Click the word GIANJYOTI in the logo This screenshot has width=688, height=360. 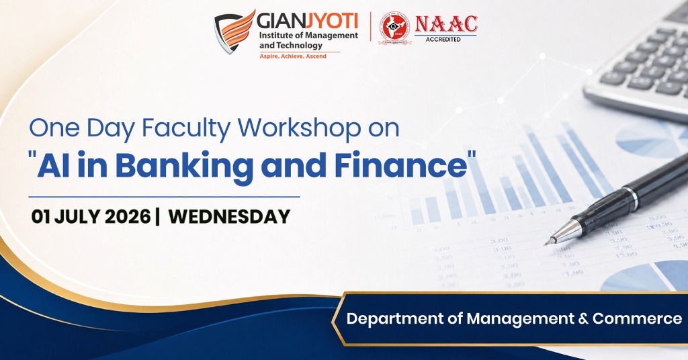click(307, 21)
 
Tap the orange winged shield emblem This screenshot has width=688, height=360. click(234, 32)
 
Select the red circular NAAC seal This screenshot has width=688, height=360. click(394, 28)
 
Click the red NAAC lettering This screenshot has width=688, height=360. click(446, 24)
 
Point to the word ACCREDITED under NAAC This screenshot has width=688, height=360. click(443, 40)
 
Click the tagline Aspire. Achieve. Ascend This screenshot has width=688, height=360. click(293, 56)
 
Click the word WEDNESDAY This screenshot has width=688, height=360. click(229, 217)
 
